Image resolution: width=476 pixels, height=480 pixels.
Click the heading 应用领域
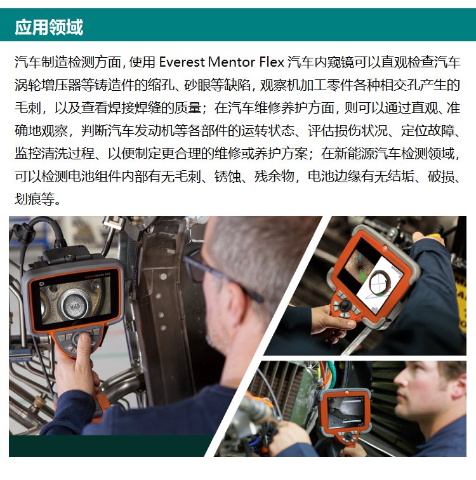tap(49, 27)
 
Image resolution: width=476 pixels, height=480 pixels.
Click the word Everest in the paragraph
tap(182, 62)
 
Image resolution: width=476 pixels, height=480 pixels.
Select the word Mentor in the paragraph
tap(232, 62)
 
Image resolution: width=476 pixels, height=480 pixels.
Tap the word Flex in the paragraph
tap(272, 62)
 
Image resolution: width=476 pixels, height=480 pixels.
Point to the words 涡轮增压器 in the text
tap(48, 85)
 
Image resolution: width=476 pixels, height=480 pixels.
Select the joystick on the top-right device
tap(346, 305)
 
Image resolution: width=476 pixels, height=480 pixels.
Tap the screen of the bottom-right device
tap(346, 411)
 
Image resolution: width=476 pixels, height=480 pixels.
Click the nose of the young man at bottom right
tap(399, 387)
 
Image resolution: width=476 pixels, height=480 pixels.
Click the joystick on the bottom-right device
tap(348, 436)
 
